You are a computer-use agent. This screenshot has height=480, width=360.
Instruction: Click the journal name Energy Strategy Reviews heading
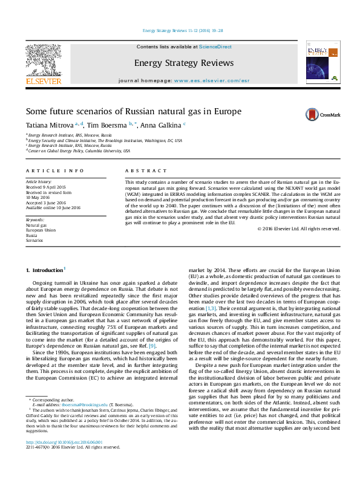[x=183, y=63]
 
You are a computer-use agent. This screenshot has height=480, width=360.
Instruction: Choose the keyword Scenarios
[x=34, y=240]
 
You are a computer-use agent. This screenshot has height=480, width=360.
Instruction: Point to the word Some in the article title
[x=35, y=111]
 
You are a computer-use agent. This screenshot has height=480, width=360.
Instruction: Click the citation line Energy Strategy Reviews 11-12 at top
[x=183, y=30]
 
